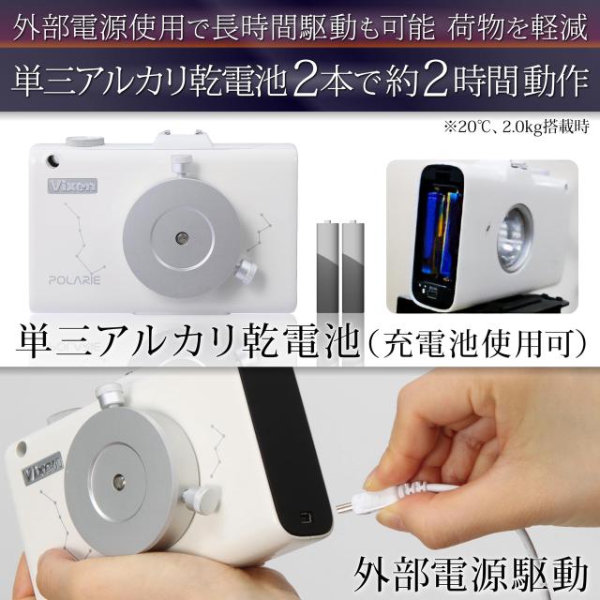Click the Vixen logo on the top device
[72, 186]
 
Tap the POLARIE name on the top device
[75, 280]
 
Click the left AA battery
[328, 265]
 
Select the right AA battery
[353, 265]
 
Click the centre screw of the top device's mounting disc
[182, 238]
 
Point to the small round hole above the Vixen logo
[52, 160]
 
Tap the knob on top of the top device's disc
[181, 165]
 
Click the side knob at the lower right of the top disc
[246, 271]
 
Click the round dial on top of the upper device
[85, 141]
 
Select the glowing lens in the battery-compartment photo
[515, 239]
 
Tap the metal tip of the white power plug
[345, 508]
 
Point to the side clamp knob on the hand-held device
[202, 499]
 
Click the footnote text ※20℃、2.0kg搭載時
[516, 127]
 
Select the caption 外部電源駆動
[471, 576]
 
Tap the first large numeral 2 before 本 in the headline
[307, 81]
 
